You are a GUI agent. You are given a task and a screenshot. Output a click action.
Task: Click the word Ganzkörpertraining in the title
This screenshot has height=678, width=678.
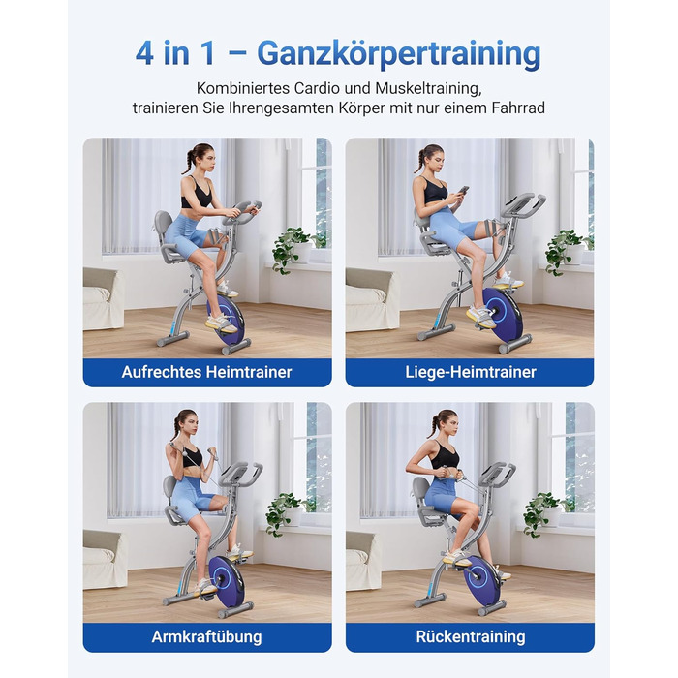(399, 54)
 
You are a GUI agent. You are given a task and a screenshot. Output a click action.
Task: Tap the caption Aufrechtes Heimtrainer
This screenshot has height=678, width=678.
(206, 372)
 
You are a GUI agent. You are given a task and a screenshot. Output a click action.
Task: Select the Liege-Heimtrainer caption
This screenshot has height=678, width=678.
(471, 372)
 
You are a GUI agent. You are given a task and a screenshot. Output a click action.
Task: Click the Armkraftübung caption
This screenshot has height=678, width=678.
(206, 637)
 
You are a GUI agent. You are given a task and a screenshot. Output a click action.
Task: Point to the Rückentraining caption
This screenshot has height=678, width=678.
(471, 637)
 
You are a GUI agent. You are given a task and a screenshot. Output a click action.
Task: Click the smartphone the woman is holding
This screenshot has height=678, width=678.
(463, 190)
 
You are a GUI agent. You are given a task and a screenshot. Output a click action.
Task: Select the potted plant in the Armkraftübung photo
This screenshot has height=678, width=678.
(289, 513)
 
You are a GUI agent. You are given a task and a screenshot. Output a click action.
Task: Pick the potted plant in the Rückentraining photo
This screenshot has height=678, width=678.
(546, 513)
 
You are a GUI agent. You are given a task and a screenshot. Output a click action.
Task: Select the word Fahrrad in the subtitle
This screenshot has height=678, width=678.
(518, 108)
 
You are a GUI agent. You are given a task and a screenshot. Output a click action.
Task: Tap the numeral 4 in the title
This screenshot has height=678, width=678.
(144, 54)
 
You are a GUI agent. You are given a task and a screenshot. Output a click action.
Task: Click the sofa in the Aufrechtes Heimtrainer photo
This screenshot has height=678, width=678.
(103, 298)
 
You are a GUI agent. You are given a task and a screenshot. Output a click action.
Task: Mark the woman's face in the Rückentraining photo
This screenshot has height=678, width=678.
(451, 426)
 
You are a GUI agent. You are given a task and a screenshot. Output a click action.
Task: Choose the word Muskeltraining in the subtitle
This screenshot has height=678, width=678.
(428, 88)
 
